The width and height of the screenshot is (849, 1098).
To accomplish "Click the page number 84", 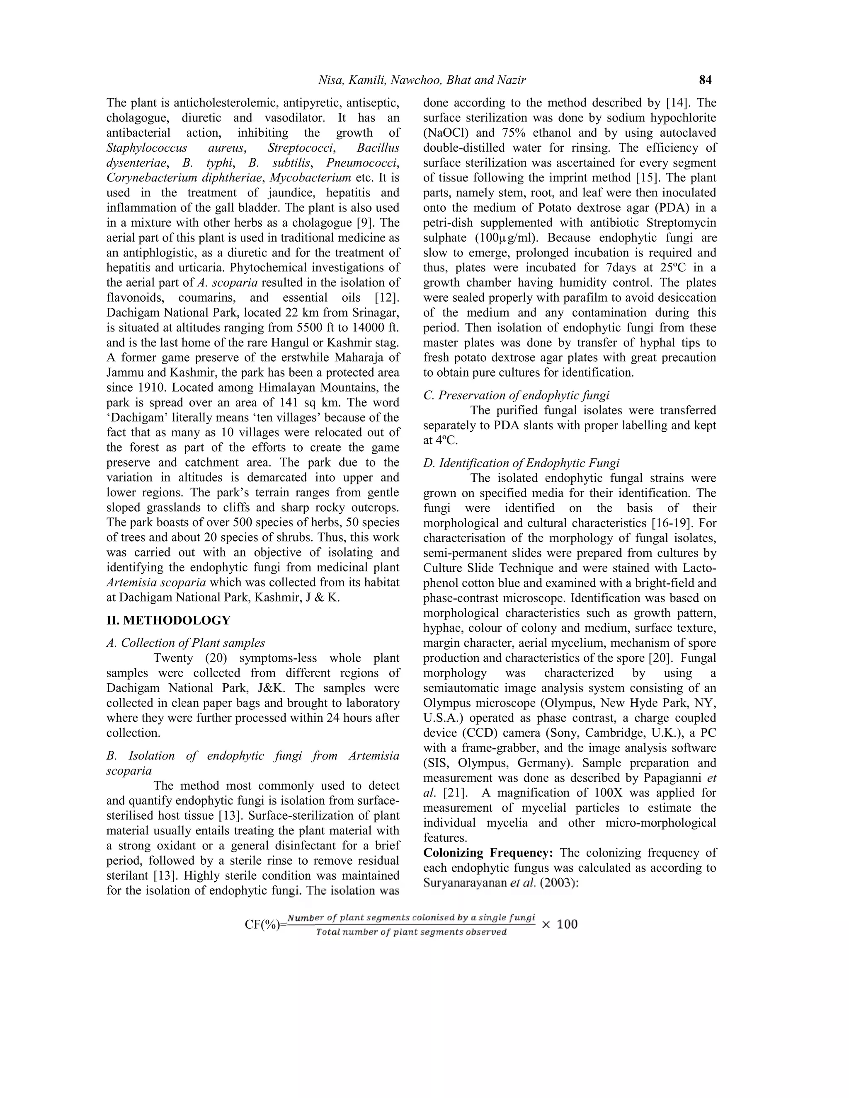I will tap(705, 80).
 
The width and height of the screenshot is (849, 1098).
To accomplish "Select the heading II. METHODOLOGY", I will tap(168, 620).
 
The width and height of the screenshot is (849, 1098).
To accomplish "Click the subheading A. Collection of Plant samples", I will tap(186, 643).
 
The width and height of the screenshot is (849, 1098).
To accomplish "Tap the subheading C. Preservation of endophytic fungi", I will tap(516, 395).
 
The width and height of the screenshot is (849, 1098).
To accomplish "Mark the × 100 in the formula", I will tap(559, 924).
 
